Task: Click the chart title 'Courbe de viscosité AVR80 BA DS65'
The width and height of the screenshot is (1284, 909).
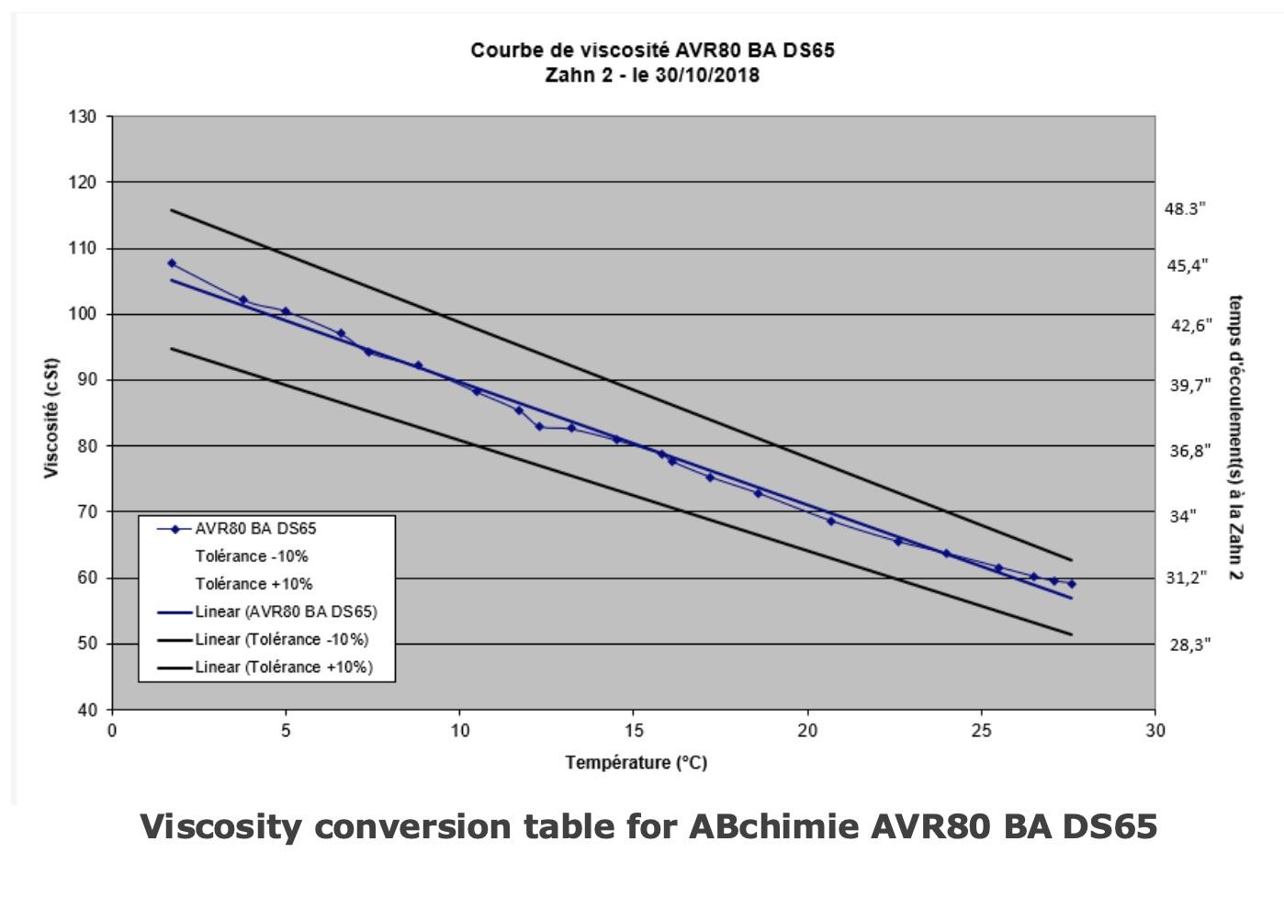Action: pyautogui.click(x=652, y=50)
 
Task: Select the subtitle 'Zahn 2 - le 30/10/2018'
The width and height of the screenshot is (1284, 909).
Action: pyautogui.click(x=652, y=75)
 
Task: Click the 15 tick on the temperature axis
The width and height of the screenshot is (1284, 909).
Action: pyautogui.click(x=634, y=731)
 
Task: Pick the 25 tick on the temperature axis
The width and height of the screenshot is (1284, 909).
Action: pyautogui.click(x=982, y=731)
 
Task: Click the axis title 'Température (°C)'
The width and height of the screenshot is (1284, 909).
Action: pyautogui.click(x=636, y=762)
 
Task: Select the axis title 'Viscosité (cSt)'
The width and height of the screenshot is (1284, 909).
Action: pyautogui.click(x=51, y=418)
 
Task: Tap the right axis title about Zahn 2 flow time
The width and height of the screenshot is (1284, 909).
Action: pyautogui.click(x=1235, y=437)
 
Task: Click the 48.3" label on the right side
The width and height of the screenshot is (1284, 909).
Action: pyautogui.click(x=1185, y=209)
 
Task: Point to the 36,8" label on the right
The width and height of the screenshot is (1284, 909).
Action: pyautogui.click(x=1190, y=451)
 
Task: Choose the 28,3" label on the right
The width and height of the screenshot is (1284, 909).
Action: pyautogui.click(x=1190, y=645)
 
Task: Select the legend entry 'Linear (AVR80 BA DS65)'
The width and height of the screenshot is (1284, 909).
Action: pyautogui.click(x=285, y=612)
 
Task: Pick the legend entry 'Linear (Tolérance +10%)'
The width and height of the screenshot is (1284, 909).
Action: pyautogui.click(x=283, y=668)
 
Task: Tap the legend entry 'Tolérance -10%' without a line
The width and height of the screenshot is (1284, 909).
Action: pyautogui.click(x=252, y=556)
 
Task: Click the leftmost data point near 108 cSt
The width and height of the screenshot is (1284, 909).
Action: pyautogui.click(x=172, y=264)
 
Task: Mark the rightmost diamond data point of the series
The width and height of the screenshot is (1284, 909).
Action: pyautogui.click(x=1071, y=584)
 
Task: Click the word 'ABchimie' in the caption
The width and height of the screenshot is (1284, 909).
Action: pyautogui.click(x=774, y=827)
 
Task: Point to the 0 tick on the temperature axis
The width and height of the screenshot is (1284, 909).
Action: pyautogui.click(x=112, y=731)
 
